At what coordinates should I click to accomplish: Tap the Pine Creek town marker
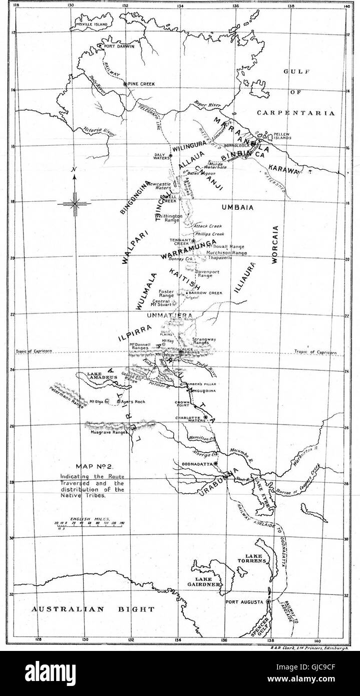click(125, 84)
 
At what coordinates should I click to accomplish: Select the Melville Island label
click(92, 24)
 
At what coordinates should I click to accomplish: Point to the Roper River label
click(207, 104)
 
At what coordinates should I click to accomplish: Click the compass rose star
click(74, 203)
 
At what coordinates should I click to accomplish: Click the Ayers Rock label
click(133, 402)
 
